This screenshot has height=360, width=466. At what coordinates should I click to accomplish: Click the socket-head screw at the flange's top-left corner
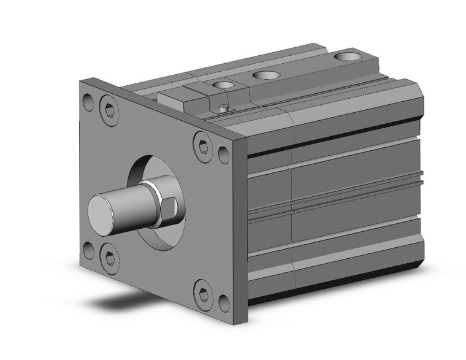click(109, 111)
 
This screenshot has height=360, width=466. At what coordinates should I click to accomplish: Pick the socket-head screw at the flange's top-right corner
click(202, 147)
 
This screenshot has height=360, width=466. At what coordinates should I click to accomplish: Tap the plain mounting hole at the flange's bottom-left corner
click(88, 249)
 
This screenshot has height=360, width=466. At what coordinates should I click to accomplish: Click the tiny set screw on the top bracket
click(224, 109)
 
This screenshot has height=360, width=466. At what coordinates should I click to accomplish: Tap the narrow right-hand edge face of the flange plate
click(242, 233)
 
